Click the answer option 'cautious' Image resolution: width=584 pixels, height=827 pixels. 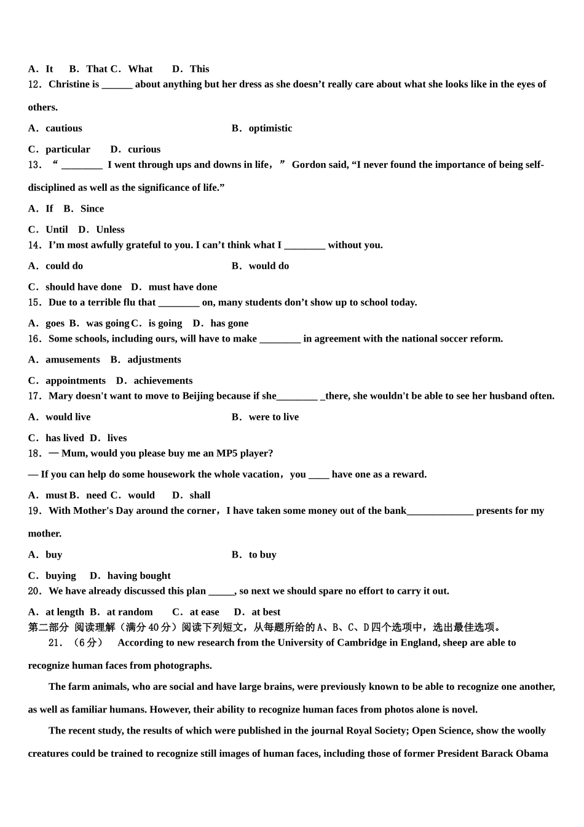coord(63,129)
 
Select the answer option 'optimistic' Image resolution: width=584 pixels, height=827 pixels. coord(270,129)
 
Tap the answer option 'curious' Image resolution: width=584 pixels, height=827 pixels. coord(144,150)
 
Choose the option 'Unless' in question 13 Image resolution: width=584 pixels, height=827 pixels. coord(110,230)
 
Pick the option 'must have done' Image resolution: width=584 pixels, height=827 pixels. coord(183,287)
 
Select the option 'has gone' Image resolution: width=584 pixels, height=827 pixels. coord(229,324)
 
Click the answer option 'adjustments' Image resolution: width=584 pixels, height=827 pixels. coord(154,360)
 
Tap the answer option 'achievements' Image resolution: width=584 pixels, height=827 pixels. coord(163,381)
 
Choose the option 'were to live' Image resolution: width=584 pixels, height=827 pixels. coord(274,417)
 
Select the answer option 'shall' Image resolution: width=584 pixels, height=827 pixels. coord(200,495)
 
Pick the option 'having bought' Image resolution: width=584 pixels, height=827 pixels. coord(139,576)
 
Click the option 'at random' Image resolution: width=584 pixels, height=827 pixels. coord(130,612)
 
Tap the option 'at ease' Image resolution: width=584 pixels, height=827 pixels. coord(204,612)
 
